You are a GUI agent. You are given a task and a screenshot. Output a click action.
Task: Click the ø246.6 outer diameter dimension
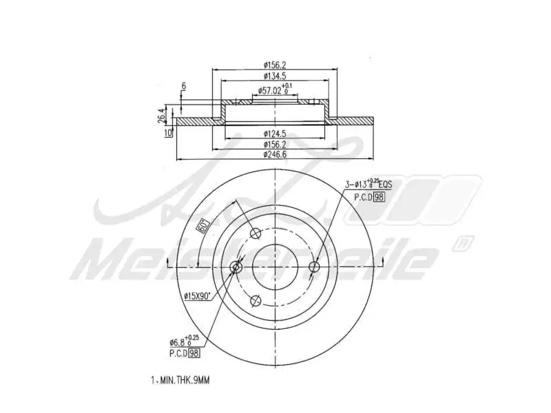(x=275, y=155)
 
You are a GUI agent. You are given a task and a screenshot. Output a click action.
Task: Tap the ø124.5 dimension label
(x=275, y=134)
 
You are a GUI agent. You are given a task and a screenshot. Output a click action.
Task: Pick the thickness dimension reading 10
(x=167, y=133)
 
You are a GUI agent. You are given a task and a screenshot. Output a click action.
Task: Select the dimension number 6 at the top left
(x=183, y=86)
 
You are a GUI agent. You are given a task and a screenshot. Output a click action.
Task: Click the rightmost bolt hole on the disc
(x=315, y=267)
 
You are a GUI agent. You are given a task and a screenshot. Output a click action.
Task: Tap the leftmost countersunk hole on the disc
(x=236, y=267)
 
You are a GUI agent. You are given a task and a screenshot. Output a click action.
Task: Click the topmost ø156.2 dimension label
(x=275, y=65)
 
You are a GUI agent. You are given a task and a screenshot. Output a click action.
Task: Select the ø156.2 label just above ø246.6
(x=275, y=145)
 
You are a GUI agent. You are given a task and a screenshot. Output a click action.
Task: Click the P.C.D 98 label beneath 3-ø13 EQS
(x=369, y=197)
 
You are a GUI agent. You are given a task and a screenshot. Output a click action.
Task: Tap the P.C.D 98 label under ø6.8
(x=184, y=353)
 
